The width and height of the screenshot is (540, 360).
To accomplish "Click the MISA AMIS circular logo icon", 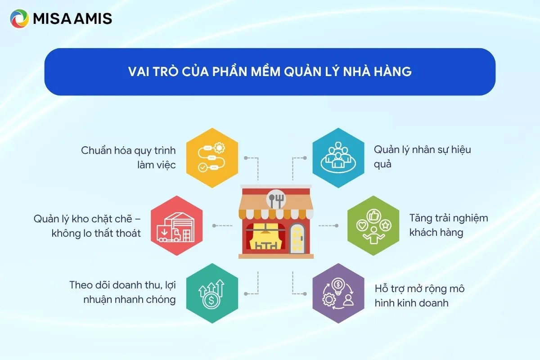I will [19, 19].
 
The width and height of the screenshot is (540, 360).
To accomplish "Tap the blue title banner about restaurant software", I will [270, 72].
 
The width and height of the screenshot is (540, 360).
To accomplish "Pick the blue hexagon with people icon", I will [338, 158].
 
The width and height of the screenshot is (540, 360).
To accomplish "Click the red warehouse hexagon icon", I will [176, 225].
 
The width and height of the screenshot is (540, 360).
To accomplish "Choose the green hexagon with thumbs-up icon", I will [373, 225].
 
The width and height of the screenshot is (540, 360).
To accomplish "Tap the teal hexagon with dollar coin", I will [212, 293].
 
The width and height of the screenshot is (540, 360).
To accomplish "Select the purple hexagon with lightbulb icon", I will [338, 293].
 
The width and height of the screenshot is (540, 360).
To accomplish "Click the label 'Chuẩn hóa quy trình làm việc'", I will [128, 157].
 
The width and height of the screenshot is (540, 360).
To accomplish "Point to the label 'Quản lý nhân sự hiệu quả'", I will [422, 156].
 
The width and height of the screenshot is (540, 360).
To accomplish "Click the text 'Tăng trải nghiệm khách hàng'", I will [448, 225].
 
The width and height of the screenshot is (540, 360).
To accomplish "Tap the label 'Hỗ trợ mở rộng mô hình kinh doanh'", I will [419, 296].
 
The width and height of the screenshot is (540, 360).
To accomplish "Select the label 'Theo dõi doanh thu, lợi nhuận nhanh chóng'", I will [122, 292].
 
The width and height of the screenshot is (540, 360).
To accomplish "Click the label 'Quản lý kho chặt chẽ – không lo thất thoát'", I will [87, 226].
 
